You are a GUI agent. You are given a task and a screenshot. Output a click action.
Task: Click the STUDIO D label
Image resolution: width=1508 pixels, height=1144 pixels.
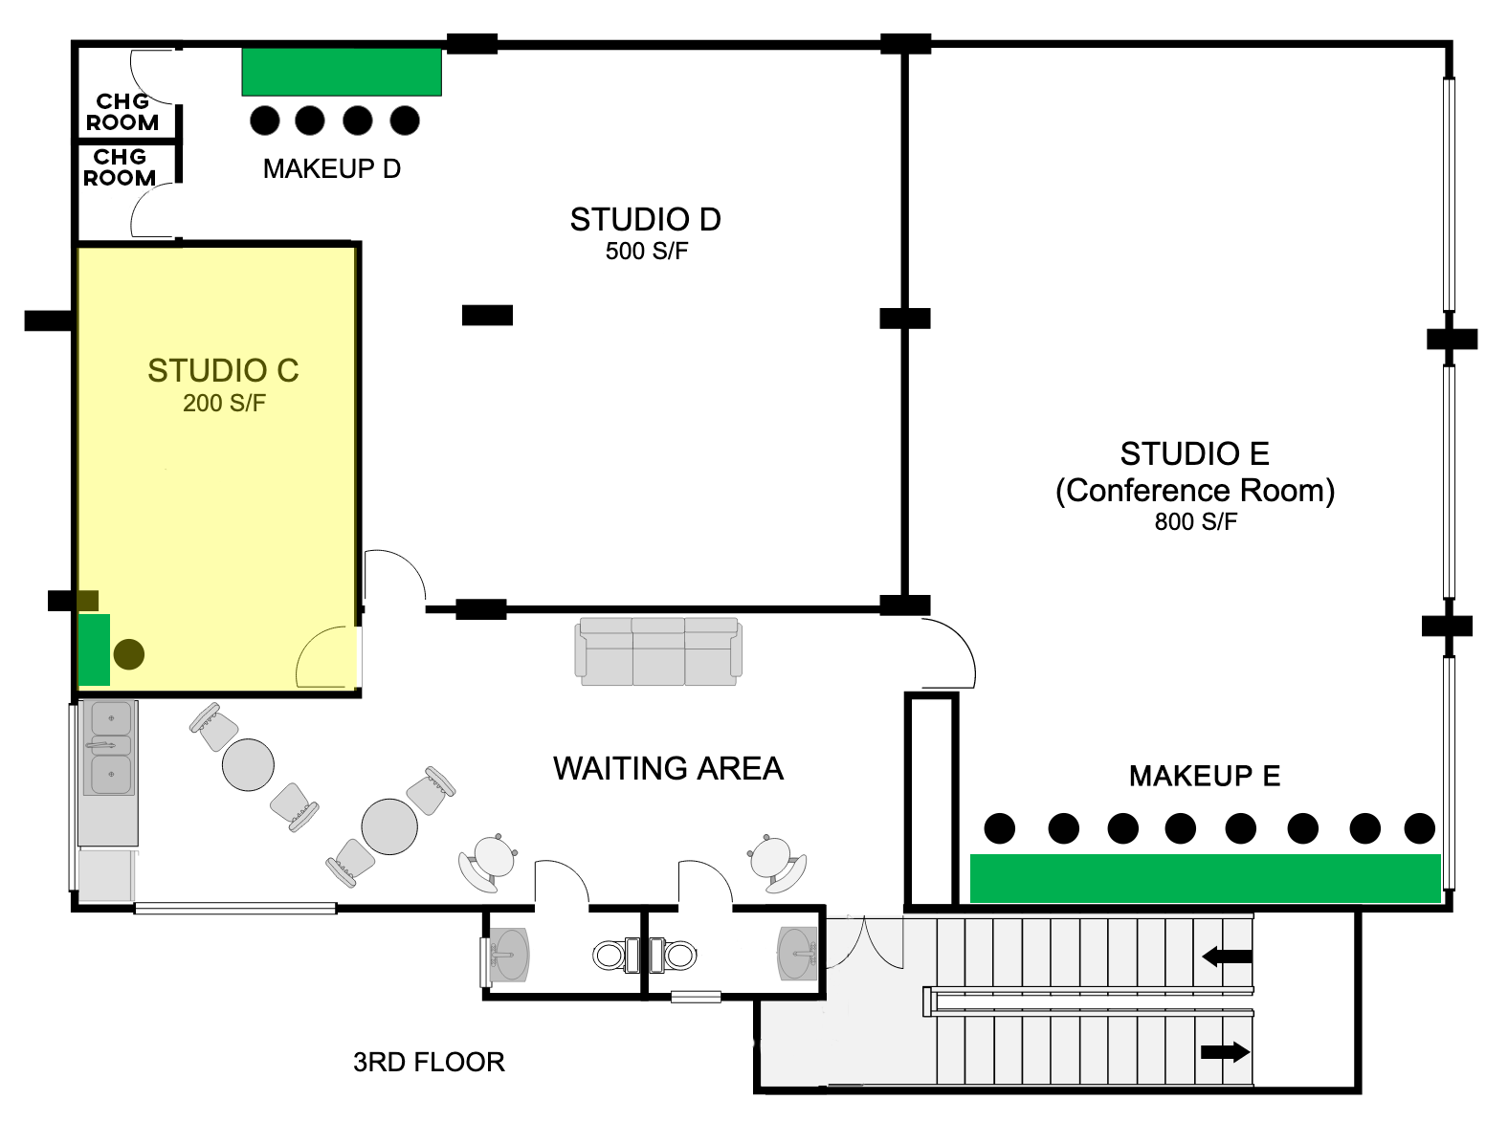pyautogui.click(x=645, y=220)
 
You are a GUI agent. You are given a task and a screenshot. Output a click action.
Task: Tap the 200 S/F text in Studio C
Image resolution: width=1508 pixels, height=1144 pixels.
pyautogui.click(x=224, y=403)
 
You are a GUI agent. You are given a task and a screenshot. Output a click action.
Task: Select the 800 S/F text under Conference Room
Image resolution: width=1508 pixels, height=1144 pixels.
pyautogui.click(x=1195, y=522)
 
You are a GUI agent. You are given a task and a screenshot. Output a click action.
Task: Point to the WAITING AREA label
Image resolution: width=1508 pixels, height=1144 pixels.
pyautogui.click(x=668, y=768)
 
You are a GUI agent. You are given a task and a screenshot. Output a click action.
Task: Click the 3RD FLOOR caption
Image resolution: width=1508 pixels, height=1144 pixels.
pyautogui.click(x=429, y=1063)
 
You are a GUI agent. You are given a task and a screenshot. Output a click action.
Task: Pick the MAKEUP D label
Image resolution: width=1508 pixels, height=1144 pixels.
pyautogui.click(x=332, y=169)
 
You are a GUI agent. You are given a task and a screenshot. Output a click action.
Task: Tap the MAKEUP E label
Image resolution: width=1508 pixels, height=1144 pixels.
pyautogui.click(x=1205, y=776)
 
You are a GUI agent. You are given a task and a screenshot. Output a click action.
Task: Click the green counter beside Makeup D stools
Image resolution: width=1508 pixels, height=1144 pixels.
pyautogui.click(x=342, y=72)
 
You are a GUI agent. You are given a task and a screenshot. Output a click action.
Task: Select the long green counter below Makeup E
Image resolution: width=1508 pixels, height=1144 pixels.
pyautogui.click(x=1205, y=878)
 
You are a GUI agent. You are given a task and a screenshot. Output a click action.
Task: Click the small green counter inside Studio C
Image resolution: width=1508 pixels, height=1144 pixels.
pyautogui.click(x=94, y=649)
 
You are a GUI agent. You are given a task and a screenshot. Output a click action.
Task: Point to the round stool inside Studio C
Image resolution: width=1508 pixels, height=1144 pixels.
pyautogui.click(x=129, y=654)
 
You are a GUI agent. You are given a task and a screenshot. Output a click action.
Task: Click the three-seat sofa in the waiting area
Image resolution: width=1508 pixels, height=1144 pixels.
pyautogui.click(x=658, y=651)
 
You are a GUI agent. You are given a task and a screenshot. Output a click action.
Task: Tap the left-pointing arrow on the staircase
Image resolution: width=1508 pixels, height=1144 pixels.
pyautogui.click(x=1227, y=956)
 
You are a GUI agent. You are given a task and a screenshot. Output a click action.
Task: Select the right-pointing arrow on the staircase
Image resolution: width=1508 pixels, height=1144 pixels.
pyautogui.click(x=1225, y=1052)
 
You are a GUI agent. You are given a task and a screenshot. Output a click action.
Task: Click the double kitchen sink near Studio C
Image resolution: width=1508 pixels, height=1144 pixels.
pyautogui.click(x=111, y=748)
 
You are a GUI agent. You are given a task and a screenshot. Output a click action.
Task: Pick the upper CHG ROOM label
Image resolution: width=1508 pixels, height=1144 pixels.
pyautogui.click(x=122, y=112)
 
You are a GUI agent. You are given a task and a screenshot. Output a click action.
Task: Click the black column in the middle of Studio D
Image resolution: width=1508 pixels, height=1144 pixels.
pyautogui.click(x=487, y=316)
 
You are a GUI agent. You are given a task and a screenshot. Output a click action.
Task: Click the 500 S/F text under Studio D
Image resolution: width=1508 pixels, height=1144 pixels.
pyautogui.click(x=647, y=252)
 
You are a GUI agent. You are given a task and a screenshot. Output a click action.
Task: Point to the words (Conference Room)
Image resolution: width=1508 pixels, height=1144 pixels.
pyautogui.click(x=1195, y=491)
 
